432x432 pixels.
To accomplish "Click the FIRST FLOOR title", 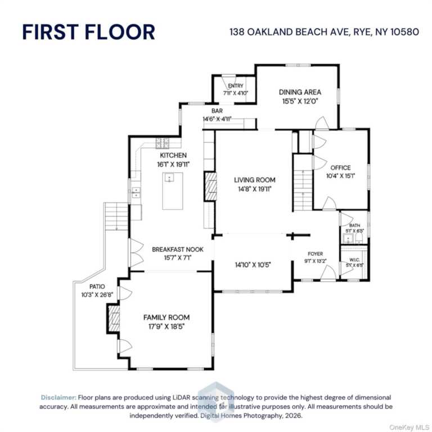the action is pyautogui.click(x=88, y=32).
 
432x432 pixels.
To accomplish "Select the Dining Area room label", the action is pyautogui.click(x=300, y=92).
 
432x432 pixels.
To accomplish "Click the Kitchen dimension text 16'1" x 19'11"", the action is pyautogui.click(x=173, y=164).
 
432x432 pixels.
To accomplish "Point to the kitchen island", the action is pyautogui.click(x=173, y=191).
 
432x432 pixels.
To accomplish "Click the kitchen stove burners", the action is pyautogui.click(x=162, y=143).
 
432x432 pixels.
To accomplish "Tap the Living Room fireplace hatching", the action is pyautogui.click(x=210, y=186).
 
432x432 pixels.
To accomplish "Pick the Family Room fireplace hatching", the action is pyautogui.click(x=114, y=318).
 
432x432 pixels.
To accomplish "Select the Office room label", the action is pyautogui.click(x=340, y=168).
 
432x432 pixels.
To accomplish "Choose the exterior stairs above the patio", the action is pyautogui.click(x=116, y=217).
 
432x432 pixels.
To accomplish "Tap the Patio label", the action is pyautogui.click(x=97, y=286).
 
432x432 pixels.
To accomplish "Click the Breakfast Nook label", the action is pyautogui.click(x=178, y=249).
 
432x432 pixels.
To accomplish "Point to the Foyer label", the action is pyautogui.click(x=315, y=254).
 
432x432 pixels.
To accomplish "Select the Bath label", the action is pyautogui.click(x=354, y=226).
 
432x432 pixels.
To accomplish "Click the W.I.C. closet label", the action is pyautogui.click(x=354, y=260).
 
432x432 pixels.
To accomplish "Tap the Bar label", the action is pyautogui.click(x=217, y=111).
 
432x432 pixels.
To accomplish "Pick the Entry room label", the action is pyautogui.click(x=236, y=86).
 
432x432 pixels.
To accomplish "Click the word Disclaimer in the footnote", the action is pyautogui.click(x=58, y=397).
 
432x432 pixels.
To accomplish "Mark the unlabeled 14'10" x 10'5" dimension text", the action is pyautogui.click(x=253, y=265).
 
